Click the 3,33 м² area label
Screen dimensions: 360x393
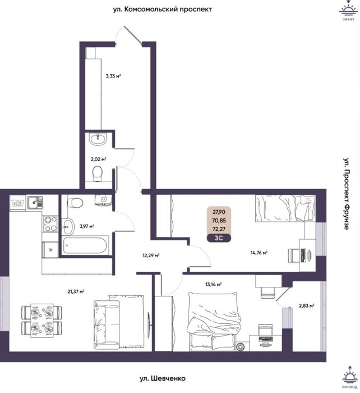tap(113, 76)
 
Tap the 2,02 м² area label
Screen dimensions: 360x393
tap(98, 159)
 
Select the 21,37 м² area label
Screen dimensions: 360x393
tap(76, 291)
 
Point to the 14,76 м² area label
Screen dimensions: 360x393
tap(259, 253)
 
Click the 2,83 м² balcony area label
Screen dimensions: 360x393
tap(307, 305)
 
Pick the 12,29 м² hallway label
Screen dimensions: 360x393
tap(151, 255)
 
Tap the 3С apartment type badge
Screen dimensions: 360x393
tap(219, 238)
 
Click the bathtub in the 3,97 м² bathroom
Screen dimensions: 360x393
tap(85, 245)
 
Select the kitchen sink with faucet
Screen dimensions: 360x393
tap(35, 203)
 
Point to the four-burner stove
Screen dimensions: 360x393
tap(50, 224)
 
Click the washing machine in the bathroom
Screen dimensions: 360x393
tap(103, 200)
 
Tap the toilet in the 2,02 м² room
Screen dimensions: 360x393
tap(98, 173)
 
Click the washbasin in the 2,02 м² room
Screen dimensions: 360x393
tap(98, 139)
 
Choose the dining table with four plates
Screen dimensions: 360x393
tap(42, 321)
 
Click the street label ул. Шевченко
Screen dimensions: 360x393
tap(163, 378)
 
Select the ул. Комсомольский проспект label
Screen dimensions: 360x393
tap(163, 10)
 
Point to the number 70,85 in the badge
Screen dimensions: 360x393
tap(219, 221)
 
